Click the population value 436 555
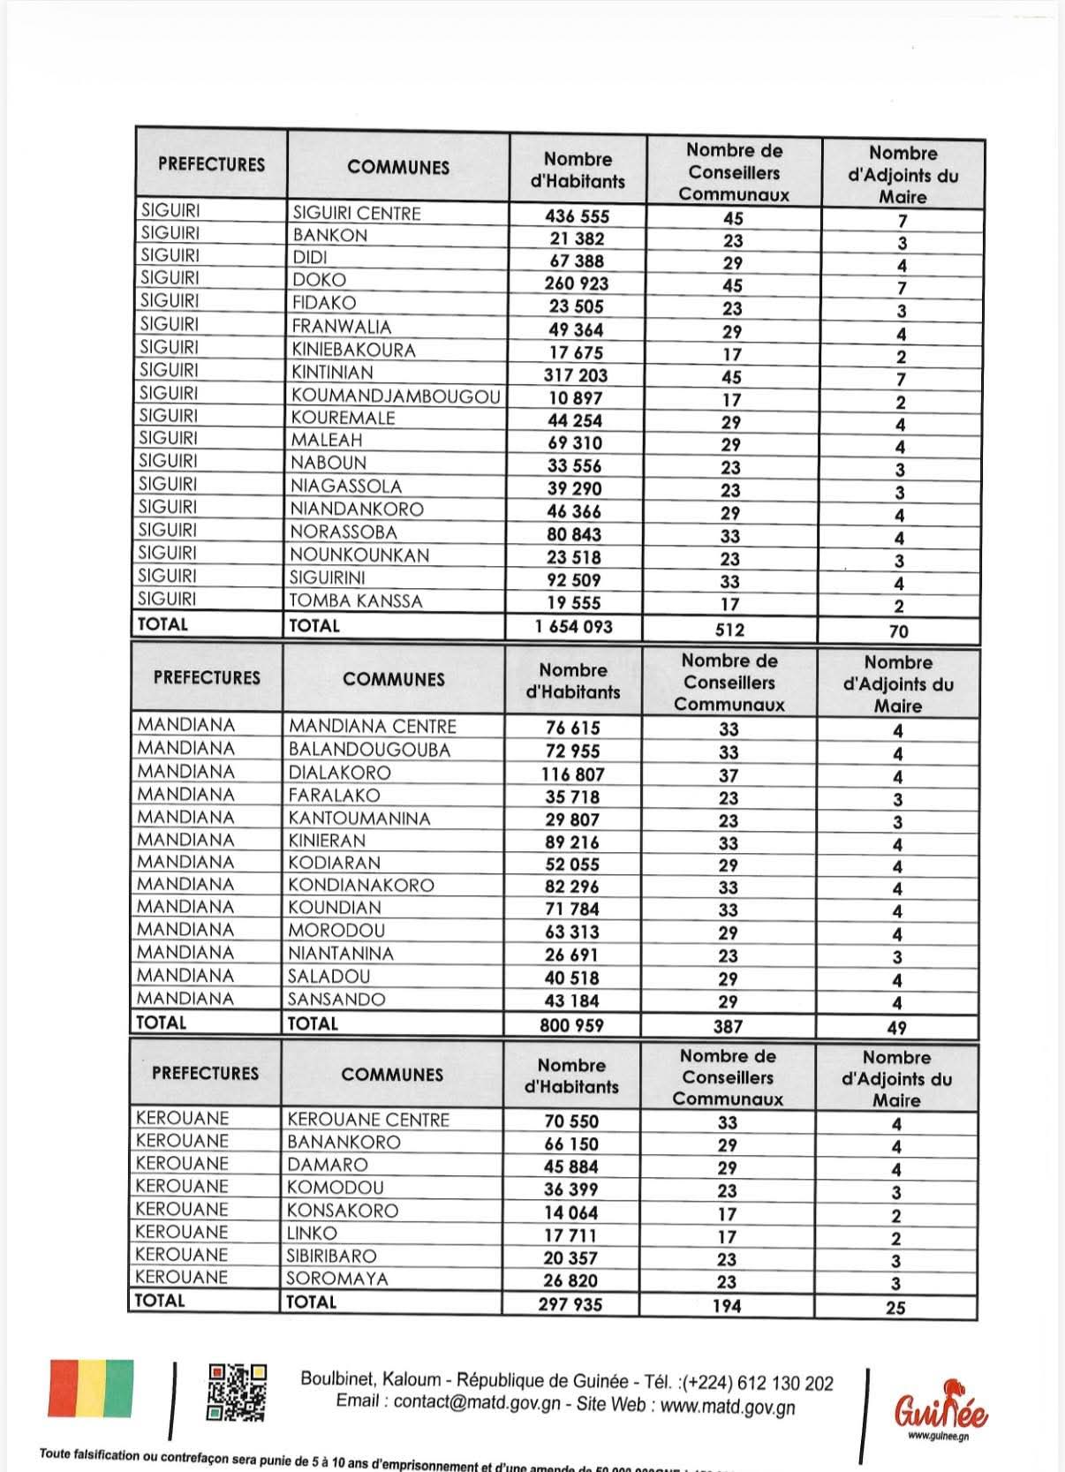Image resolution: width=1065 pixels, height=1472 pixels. pyautogui.click(x=578, y=216)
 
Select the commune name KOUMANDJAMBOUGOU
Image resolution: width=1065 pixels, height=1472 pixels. pyautogui.click(x=397, y=396)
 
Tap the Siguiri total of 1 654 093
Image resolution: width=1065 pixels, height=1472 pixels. pyautogui.click(x=573, y=627)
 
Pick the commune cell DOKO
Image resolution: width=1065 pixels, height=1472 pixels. pyautogui.click(x=320, y=280)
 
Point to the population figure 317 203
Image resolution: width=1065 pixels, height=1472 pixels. pyautogui.click(x=576, y=374)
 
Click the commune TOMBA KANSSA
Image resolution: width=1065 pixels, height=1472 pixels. pyautogui.click(x=357, y=601)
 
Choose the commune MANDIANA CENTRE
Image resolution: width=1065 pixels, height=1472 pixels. pyautogui.click(x=373, y=727)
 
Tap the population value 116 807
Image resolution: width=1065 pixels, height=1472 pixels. pyautogui.click(x=573, y=774)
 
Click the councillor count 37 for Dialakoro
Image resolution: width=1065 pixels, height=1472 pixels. pyautogui.click(x=729, y=775)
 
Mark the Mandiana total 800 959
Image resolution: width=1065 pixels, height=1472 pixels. pyautogui.click(x=572, y=1025)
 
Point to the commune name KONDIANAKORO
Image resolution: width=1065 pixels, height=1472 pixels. pyautogui.click(x=361, y=885)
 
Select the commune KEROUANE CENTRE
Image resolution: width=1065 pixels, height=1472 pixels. pyautogui.click(x=368, y=1120)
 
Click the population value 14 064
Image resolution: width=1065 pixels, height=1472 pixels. pyautogui.click(x=570, y=1212)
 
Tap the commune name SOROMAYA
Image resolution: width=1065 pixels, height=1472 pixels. pyautogui.click(x=336, y=1278)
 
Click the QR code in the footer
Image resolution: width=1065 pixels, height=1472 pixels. pyautogui.click(x=237, y=1393)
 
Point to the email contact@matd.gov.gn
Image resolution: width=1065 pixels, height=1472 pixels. pyautogui.click(x=477, y=1402)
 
